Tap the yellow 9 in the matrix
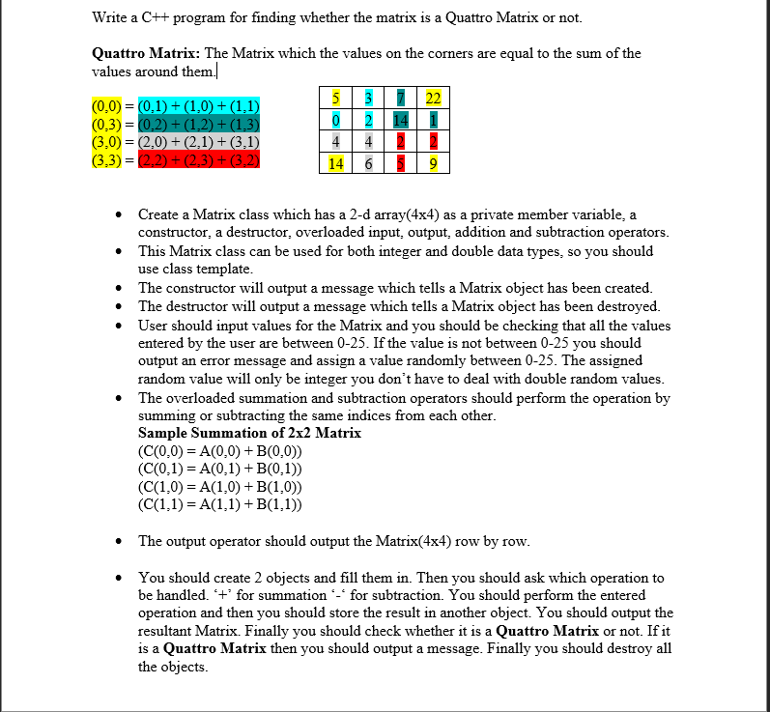coord(433,164)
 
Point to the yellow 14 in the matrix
coord(334,164)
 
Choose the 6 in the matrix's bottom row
coord(368,164)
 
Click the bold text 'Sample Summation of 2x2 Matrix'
coord(249,433)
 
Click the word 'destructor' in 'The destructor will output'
coord(201,306)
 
